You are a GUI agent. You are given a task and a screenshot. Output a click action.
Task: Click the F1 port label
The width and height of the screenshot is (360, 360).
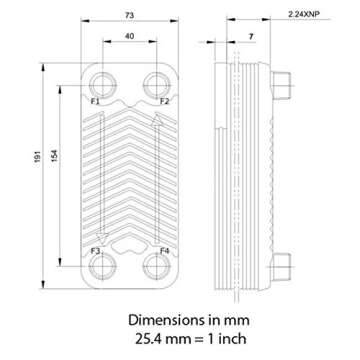pos(95,102)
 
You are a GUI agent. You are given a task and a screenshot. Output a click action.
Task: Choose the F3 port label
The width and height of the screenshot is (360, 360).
pos(95,249)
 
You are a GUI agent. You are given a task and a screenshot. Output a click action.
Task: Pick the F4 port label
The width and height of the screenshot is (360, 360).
pos(164,249)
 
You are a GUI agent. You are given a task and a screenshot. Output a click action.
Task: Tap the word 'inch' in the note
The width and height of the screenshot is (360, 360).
pos(235,341)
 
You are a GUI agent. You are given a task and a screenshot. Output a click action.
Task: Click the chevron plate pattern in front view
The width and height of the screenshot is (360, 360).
pos(129,175)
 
